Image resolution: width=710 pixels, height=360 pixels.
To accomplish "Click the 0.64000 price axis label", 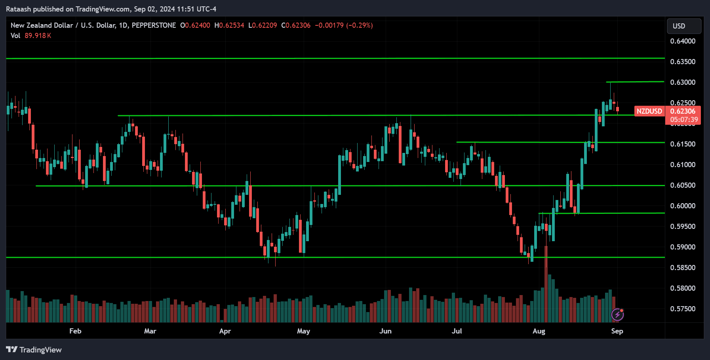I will (683, 41).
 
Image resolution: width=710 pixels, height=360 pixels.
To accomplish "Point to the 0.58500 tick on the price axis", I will (683, 268).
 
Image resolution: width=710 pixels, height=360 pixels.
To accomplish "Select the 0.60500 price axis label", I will (683, 185).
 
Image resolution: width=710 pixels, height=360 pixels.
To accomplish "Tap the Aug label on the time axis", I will (539, 331).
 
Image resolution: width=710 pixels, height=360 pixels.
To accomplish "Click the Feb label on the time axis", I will (75, 331).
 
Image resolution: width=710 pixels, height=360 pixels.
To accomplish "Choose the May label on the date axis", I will (303, 331).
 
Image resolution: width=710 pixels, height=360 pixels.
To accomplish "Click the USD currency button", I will (684, 26).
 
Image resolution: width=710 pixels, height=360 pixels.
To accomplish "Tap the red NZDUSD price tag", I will (649, 111).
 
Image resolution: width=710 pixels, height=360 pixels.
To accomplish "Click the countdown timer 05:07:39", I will (684, 120).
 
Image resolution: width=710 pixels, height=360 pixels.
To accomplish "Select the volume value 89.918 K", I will (38, 36).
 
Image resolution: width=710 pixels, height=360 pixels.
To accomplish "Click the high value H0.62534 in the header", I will (229, 25).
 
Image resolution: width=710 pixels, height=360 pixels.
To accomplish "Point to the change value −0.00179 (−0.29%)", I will (344, 25).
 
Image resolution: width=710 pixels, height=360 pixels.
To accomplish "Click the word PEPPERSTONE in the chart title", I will (154, 25).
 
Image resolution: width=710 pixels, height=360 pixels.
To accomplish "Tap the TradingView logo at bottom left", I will (34, 350).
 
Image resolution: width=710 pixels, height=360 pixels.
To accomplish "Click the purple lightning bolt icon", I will (617, 315).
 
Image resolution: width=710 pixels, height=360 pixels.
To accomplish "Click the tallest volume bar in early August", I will (546, 285).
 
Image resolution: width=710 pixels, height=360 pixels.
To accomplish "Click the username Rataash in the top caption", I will (19, 9).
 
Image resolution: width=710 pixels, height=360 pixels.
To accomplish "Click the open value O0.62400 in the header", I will (195, 25).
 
